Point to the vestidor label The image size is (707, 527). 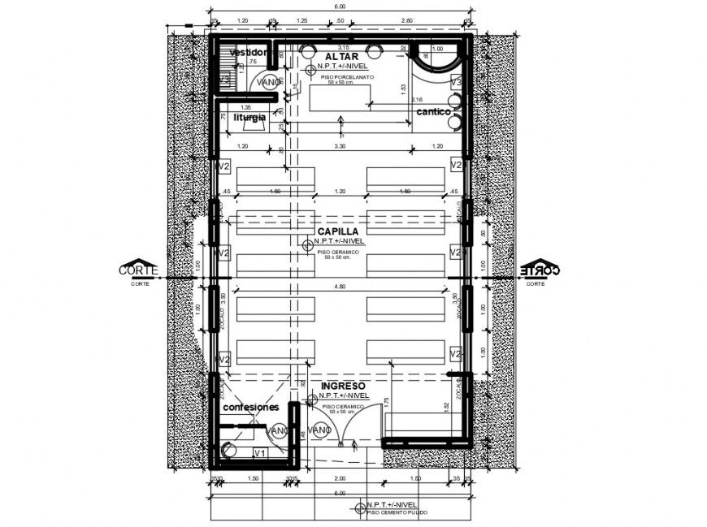click(x=248, y=53)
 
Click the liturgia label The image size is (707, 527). click(x=249, y=117)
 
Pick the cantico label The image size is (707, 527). click(x=433, y=110)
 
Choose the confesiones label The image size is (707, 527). click(x=251, y=407)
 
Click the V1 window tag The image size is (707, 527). click(x=260, y=452)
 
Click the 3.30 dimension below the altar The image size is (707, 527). click(x=340, y=145)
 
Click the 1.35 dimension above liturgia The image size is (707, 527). click(x=245, y=107)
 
